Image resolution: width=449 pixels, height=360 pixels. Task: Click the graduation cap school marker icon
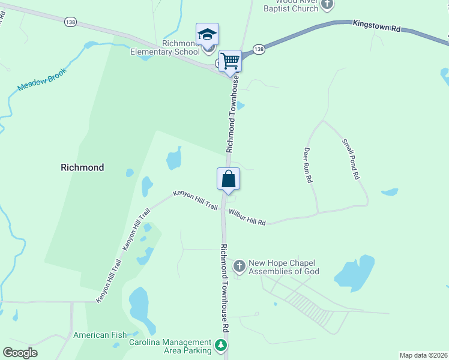click(x=207, y=34)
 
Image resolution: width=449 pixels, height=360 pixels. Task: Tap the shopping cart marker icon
click(x=230, y=61)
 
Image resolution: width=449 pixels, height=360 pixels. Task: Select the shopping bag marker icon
click(x=228, y=178)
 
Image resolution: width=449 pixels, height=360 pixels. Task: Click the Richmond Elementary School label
click(x=165, y=47)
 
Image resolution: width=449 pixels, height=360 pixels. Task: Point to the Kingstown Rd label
click(x=376, y=26)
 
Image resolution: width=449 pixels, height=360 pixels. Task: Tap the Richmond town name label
click(x=82, y=167)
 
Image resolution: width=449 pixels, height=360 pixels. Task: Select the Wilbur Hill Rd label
click(x=247, y=217)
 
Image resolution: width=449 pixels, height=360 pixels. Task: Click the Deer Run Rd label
click(x=308, y=165)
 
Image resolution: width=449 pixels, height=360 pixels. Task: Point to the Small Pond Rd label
click(x=350, y=159)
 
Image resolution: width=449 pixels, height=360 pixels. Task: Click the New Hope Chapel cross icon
click(x=239, y=266)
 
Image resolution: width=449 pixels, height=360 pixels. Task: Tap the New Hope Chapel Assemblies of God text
click(x=284, y=267)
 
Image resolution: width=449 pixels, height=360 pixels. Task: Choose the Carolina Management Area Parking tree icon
click(x=221, y=346)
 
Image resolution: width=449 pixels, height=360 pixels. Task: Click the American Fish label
click(x=99, y=335)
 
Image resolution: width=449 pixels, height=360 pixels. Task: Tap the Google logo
click(x=20, y=353)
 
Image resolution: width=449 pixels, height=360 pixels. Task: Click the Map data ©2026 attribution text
click(x=423, y=355)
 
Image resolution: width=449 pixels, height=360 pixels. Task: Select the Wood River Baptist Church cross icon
click(x=327, y=5)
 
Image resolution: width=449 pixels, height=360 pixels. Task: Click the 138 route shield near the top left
click(x=70, y=22)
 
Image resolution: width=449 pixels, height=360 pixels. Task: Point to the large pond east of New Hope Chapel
click(x=355, y=273)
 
